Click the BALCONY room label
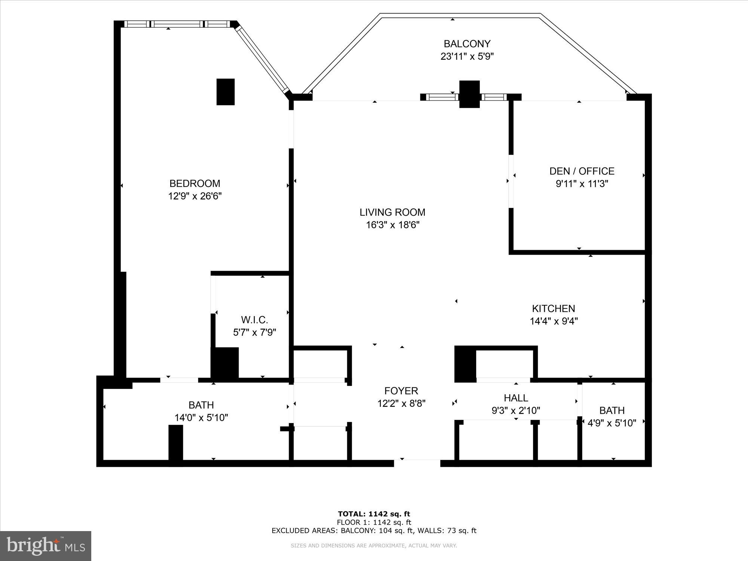pos(467,44)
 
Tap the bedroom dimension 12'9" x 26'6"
pos(195,196)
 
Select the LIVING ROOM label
pos(392,212)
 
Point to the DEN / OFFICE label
pos(582,171)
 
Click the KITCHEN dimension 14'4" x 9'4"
pos(554,321)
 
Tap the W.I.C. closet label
pos(254,320)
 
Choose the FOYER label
pos(401,391)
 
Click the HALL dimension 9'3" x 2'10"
pos(516,411)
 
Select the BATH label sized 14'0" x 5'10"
pos(201,405)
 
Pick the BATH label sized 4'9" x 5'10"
pos(612,411)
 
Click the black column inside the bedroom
pos(226,92)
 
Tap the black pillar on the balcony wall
pos(469,94)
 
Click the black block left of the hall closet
pos(465,364)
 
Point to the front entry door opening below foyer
pos(417,463)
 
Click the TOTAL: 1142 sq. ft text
pos(374,514)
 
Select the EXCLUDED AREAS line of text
pos(374,530)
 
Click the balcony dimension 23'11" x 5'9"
pos(467,56)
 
